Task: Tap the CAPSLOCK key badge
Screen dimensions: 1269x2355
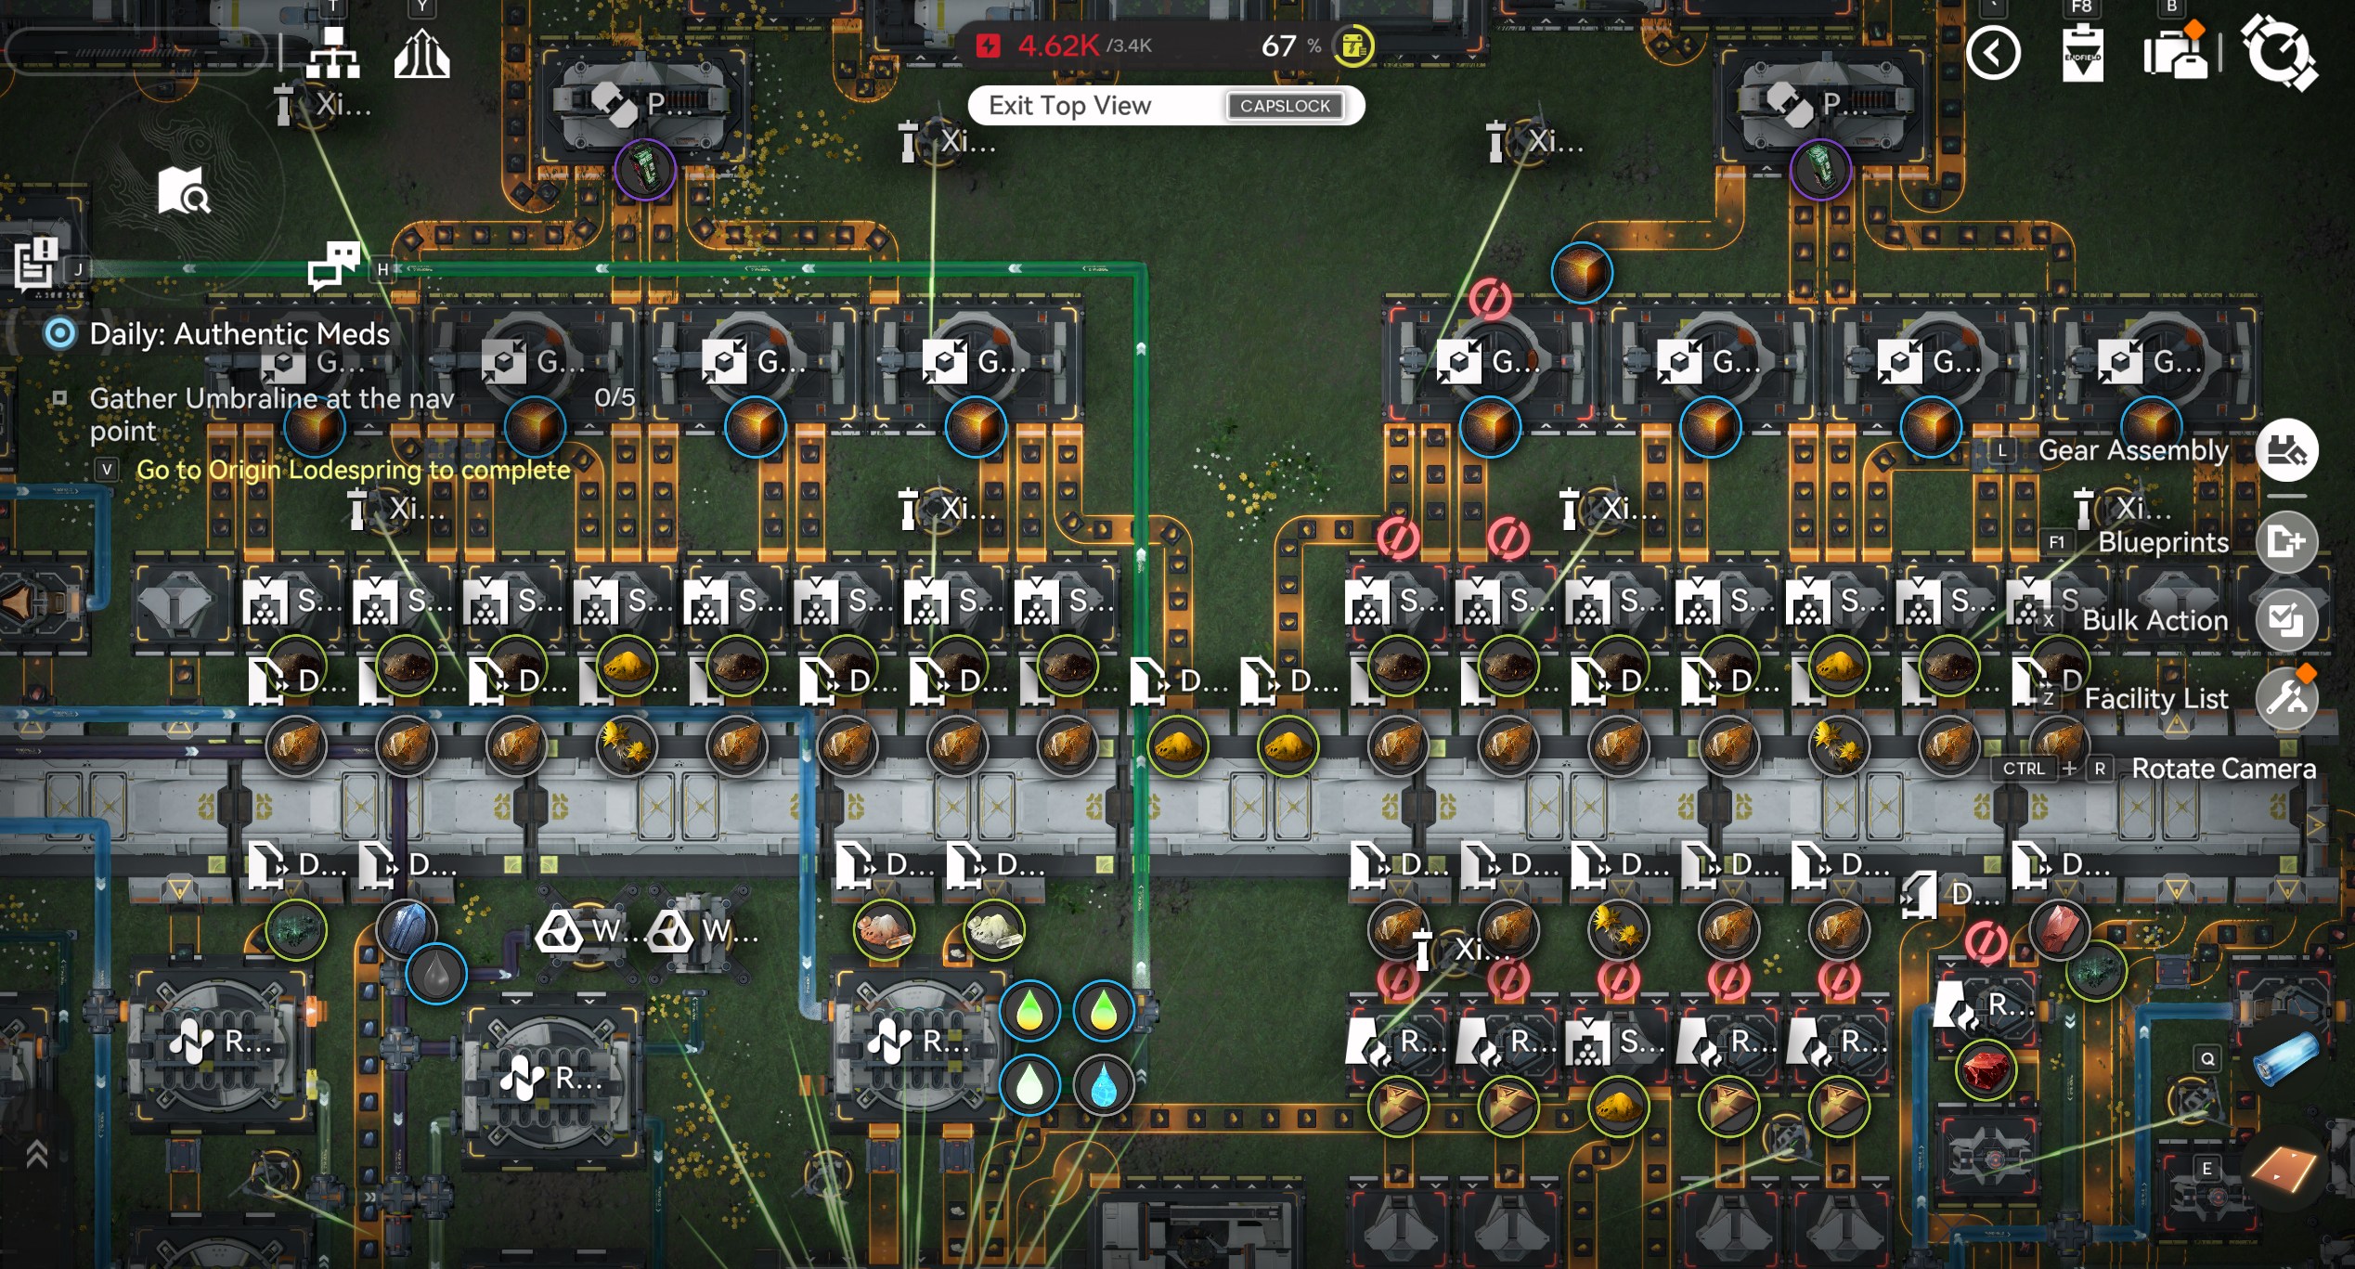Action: (x=1285, y=106)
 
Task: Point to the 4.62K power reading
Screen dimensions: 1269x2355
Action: (x=1058, y=45)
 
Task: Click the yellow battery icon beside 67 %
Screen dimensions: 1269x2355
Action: (x=1353, y=45)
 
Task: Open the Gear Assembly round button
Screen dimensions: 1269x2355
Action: (x=2286, y=451)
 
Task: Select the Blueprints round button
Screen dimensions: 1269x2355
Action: (x=2286, y=541)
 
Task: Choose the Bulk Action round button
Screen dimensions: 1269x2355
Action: (x=2286, y=620)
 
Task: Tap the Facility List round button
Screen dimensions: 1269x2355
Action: (x=2286, y=698)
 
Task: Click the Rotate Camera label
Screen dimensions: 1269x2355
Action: (x=2222, y=769)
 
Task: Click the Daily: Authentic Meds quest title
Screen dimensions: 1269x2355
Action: (x=239, y=334)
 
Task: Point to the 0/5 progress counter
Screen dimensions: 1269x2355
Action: (x=615, y=397)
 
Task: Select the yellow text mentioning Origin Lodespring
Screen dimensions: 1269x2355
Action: (x=353, y=470)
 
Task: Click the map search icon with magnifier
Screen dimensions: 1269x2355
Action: (x=183, y=190)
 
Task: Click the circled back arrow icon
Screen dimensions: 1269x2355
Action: (x=1992, y=54)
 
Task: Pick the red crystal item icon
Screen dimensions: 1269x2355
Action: (x=1985, y=1070)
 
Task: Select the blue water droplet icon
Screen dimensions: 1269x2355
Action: (x=1103, y=1084)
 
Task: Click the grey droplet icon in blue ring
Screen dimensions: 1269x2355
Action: (x=435, y=974)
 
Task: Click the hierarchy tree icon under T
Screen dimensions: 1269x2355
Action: (x=333, y=54)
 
